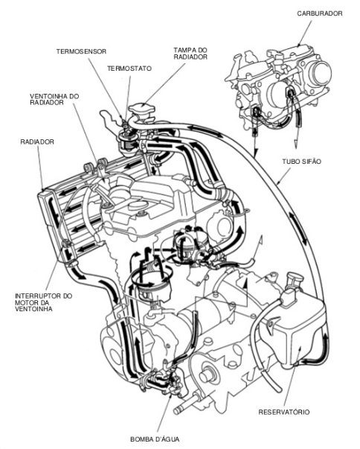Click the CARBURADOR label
[x=319, y=13]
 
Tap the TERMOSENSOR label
[x=81, y=51]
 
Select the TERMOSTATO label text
[x=129, y=69]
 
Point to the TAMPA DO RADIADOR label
[x=190, y=54]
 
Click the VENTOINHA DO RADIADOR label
[x=54, y=99]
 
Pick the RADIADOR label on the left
[x=37, y=141]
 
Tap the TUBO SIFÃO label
[x=298, y=162]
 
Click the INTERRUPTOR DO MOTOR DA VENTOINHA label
[x=43, y=302]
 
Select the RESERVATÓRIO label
[x=284, y=412]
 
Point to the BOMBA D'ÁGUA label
[x=155, y=439]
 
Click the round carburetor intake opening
[x=320, y=71]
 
